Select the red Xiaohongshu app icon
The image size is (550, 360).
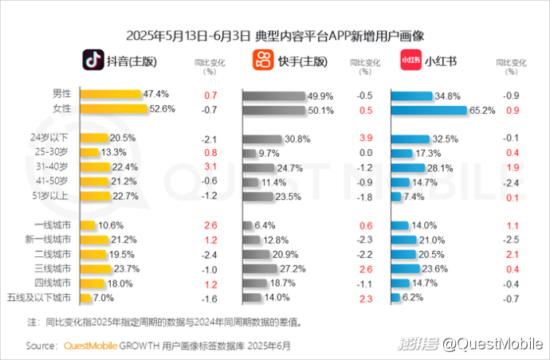coord(410,60)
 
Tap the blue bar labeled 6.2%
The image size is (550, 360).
coord(395,298)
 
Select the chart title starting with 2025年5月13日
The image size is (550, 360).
coord(275,36)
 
